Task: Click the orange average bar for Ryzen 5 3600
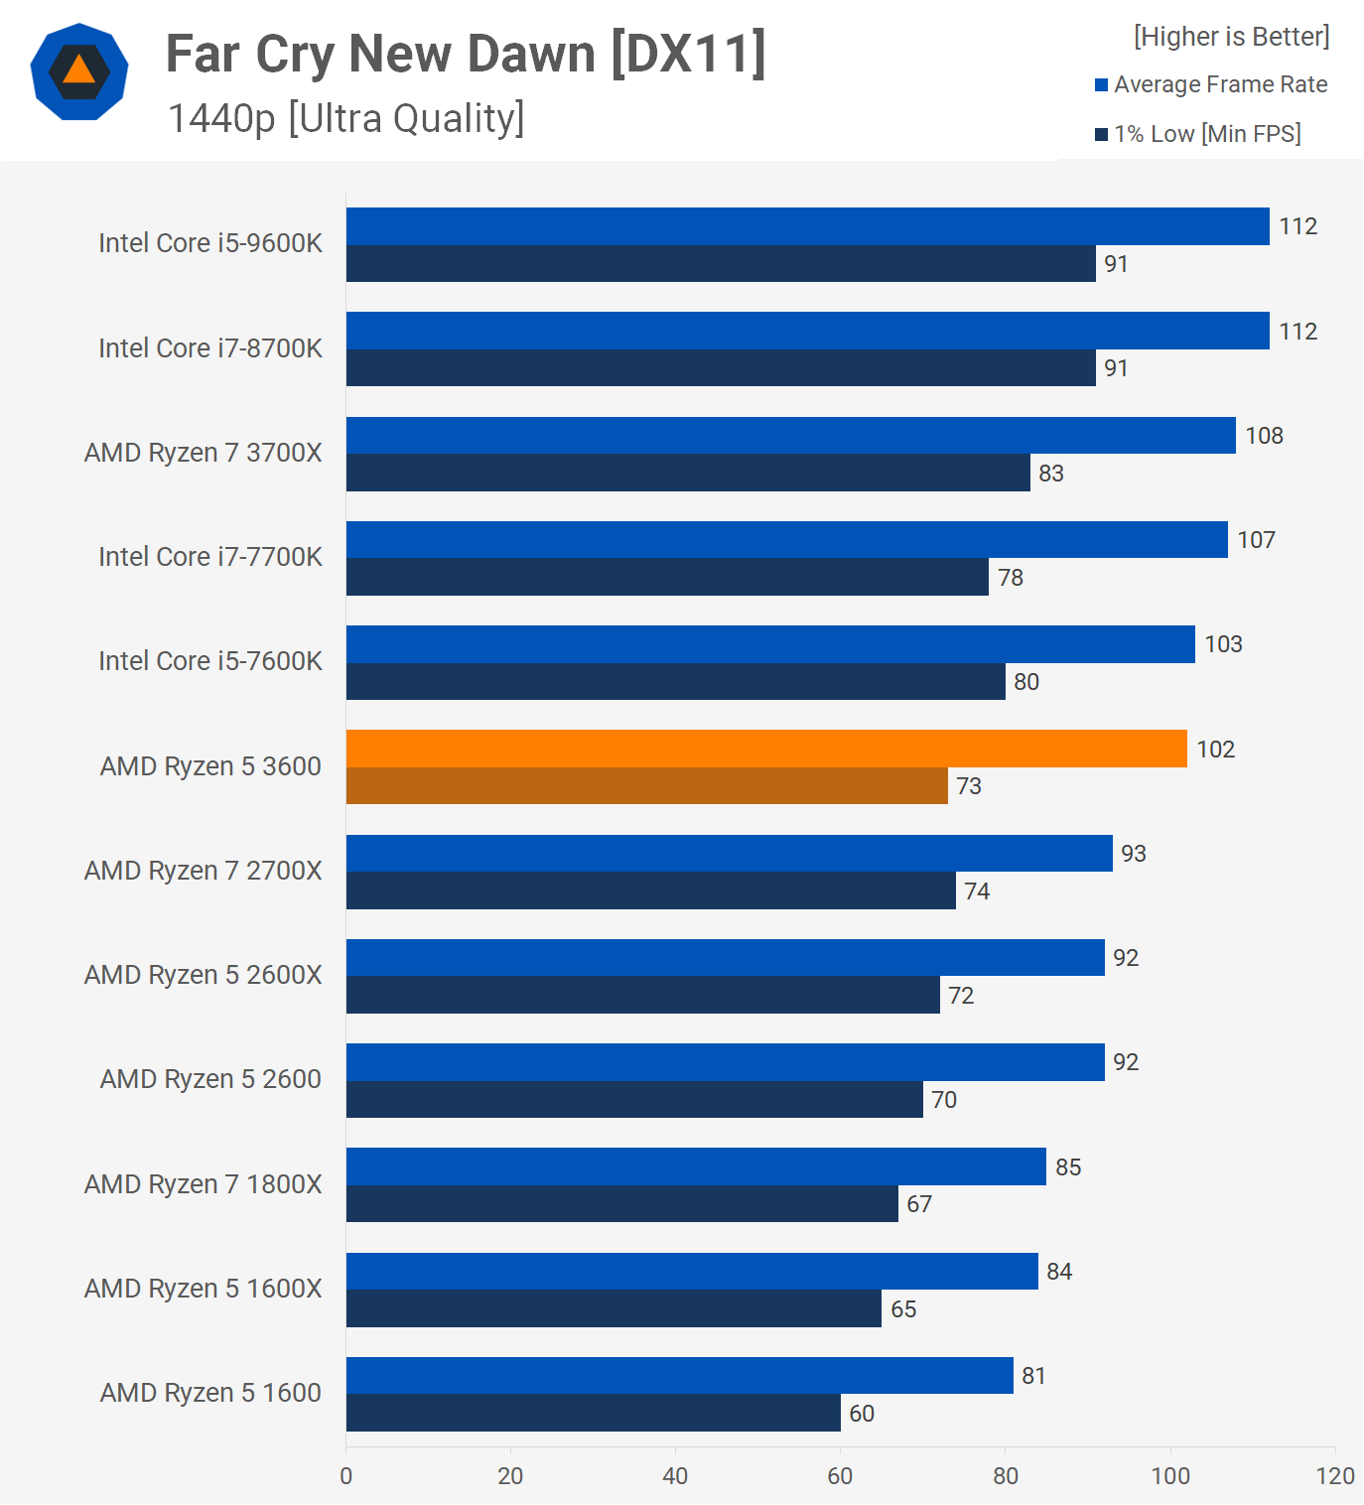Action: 766,749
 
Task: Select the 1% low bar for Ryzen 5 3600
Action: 646,786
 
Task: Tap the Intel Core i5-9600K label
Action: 210,243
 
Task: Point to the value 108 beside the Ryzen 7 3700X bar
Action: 1264,436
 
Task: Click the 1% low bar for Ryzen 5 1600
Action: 593,1413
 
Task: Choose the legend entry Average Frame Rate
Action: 1220,84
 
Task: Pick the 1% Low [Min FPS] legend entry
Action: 1206,134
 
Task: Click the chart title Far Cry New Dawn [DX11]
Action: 466,54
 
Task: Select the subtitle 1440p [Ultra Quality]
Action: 345,118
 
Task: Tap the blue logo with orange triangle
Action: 79,71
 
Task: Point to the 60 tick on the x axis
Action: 840,1476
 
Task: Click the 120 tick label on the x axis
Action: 1334,1476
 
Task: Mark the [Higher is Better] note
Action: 1231,37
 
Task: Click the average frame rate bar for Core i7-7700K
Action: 786,540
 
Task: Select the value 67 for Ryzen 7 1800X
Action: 919,1204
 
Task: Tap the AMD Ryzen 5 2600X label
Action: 204,975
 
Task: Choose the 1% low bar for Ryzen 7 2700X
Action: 650,890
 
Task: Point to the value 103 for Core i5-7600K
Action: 1223,644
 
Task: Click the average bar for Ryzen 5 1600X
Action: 692,1272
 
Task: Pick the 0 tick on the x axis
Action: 345,1476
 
